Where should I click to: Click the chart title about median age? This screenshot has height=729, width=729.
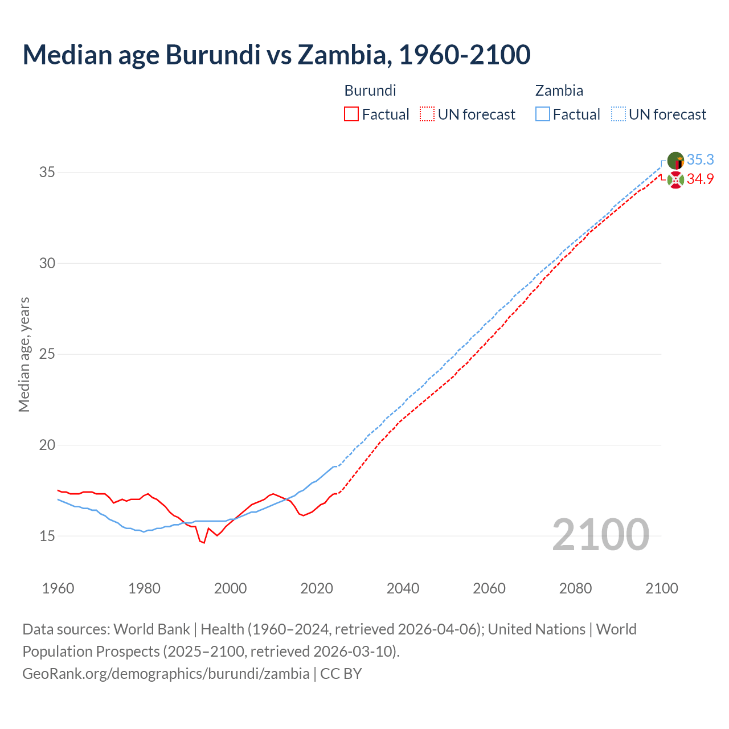point(277,55)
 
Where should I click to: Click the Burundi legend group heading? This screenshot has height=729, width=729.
point(370,91)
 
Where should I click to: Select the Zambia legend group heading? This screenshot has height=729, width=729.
point(559,91)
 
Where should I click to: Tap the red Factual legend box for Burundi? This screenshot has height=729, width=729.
point(351,114)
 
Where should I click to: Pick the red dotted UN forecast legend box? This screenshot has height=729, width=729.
point(427,114)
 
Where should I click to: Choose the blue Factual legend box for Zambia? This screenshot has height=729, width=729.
point(543,114)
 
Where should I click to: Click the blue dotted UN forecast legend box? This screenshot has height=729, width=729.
point(618,114)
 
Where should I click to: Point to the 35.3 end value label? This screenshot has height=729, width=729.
point(700,159)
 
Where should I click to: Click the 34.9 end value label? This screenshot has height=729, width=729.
point(700,179)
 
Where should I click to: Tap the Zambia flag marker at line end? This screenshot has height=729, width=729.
point(675,161)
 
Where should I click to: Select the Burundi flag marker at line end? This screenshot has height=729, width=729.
point(675,180)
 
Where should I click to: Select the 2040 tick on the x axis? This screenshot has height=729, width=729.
point(403,588)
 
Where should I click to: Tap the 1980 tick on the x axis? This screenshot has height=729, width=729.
point(144,588)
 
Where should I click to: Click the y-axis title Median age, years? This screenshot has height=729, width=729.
point(24,354)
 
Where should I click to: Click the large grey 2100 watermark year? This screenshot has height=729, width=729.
point(600,534)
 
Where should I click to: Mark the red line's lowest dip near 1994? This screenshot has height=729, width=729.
point(204,543)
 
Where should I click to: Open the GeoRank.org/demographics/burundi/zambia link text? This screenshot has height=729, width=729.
point(166,674)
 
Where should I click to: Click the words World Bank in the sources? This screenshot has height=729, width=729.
point(151,629)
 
